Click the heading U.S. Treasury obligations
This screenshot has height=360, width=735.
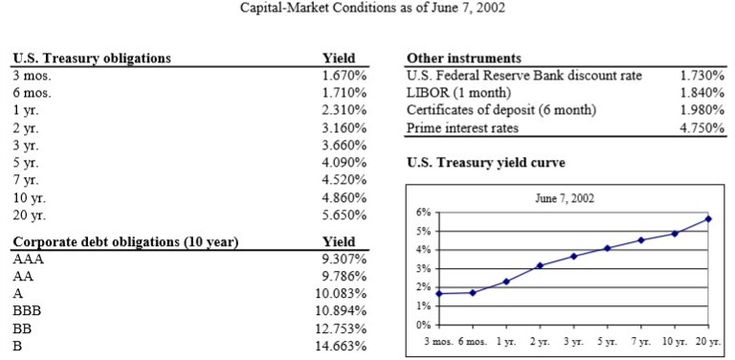click(x=92, y=57)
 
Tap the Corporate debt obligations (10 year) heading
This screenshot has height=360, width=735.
click(x=125, y=241)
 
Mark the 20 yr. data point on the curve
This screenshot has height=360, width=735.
click(x=709, y=218)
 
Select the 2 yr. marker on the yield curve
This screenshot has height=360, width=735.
click(x=540, y=265)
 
